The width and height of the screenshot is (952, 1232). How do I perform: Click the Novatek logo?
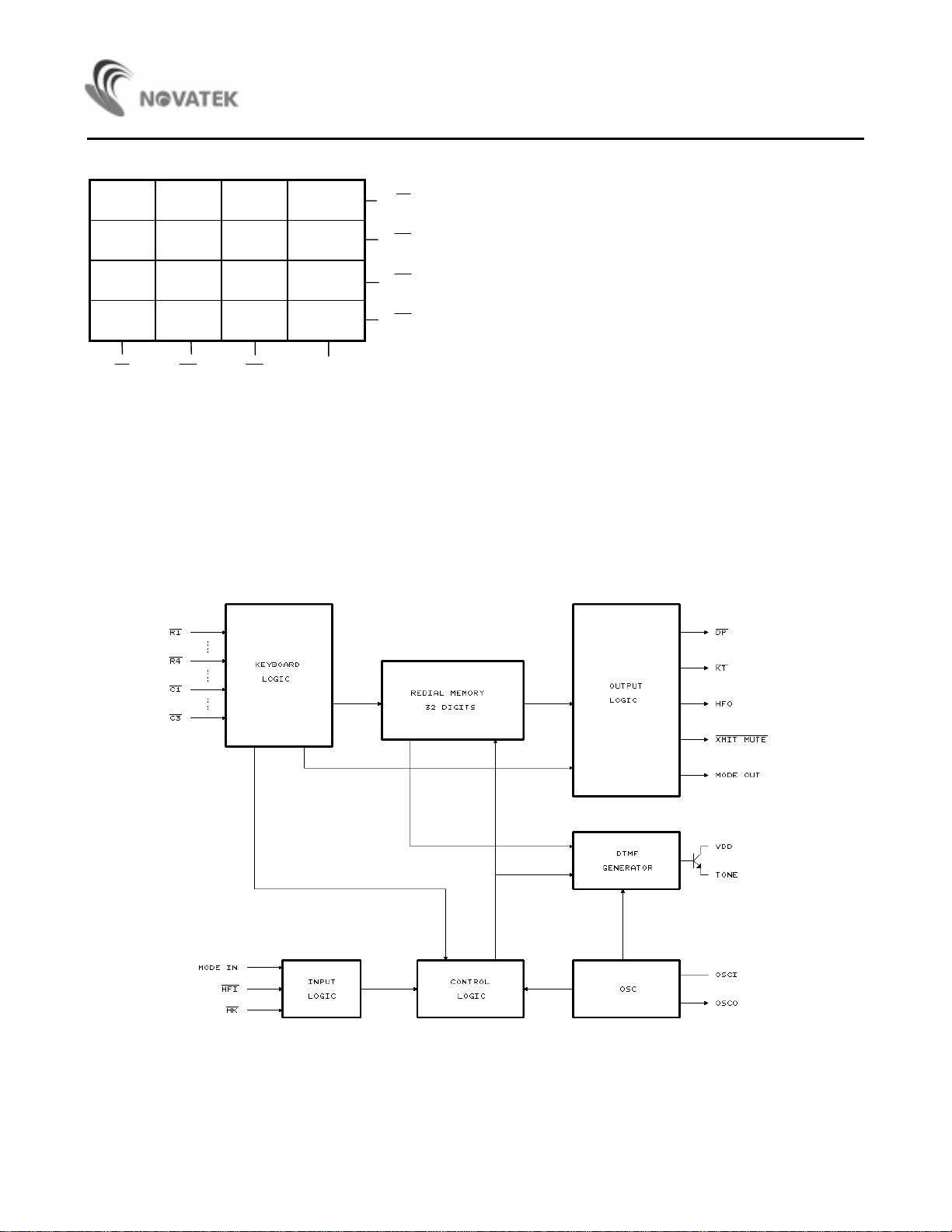[x=162, y=88]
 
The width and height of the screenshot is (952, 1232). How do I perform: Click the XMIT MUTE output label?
[x=741, y=739]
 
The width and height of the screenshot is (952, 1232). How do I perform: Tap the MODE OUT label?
[x=738, y=775]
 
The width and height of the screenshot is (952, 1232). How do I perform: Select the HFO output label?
[x=724, y=703]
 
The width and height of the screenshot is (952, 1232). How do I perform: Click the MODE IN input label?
[x=218, y=967]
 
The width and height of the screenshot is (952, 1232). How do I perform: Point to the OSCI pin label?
[x=726, y=975]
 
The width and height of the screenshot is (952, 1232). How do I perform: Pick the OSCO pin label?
[x=727, y=1003]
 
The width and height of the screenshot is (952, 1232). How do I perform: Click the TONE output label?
[x=727, y=874]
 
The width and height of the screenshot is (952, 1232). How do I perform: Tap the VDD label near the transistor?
[x=724, y=846]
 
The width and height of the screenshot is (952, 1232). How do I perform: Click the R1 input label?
[x=175, y=632]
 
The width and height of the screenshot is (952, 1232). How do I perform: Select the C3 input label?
[x=175, y=717]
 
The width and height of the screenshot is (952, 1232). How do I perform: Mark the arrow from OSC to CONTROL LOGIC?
[x=548, y=989]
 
